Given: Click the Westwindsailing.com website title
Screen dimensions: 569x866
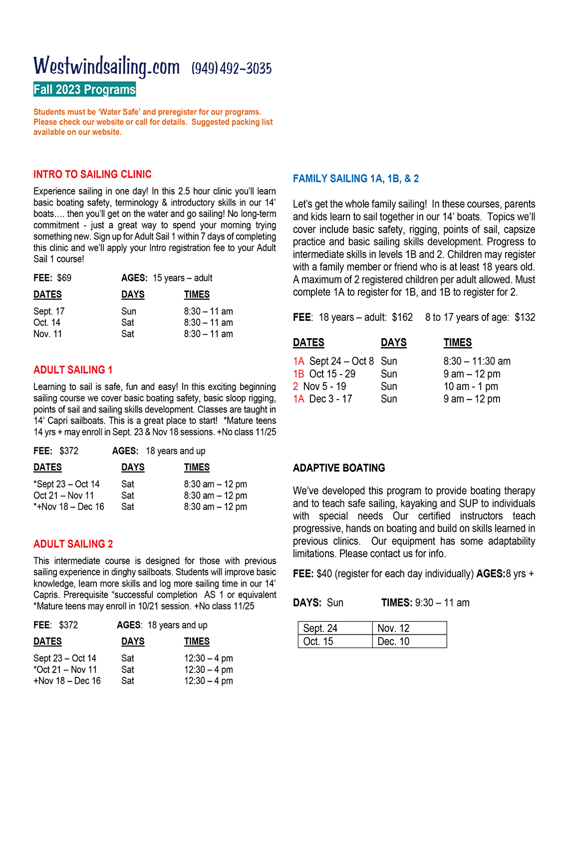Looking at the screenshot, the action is click(x=106, y=67).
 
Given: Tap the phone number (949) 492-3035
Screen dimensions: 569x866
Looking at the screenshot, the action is click(x=232, y=68).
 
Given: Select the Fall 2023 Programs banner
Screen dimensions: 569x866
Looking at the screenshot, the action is click(x=84, y=90).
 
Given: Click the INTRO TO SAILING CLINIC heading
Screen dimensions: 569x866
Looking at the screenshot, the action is click(x=92, y=174).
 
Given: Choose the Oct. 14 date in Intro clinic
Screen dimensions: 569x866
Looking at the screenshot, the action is click(x=47, y=323).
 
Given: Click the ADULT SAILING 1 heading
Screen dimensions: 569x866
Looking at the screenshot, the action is click(x=73, y=370).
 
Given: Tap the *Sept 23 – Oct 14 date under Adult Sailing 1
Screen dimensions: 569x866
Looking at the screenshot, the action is click(x=66, y=484).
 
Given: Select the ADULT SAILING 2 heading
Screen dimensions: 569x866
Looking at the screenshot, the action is click(x=73, y=544).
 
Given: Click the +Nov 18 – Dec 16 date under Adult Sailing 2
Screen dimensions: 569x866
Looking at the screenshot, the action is click(x=67, y=681).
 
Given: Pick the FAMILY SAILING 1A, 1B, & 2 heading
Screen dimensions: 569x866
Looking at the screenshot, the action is click(x=356, y=179).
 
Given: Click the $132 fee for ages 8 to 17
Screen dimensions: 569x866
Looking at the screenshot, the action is click(x=525, y=317).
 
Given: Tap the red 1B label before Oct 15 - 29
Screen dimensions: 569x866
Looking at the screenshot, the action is click(x=298, y=374).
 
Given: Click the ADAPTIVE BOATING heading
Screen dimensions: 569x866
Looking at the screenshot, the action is click(x=339, y=468).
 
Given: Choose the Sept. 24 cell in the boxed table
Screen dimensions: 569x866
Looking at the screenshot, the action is click(x=320, y=628).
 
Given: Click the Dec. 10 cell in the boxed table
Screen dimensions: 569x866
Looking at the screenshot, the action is click(x=393, y=642).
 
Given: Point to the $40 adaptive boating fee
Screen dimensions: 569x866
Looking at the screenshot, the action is click(x=324, y=574).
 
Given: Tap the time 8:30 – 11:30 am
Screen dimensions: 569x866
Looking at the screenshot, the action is click(x=477, y=361).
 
